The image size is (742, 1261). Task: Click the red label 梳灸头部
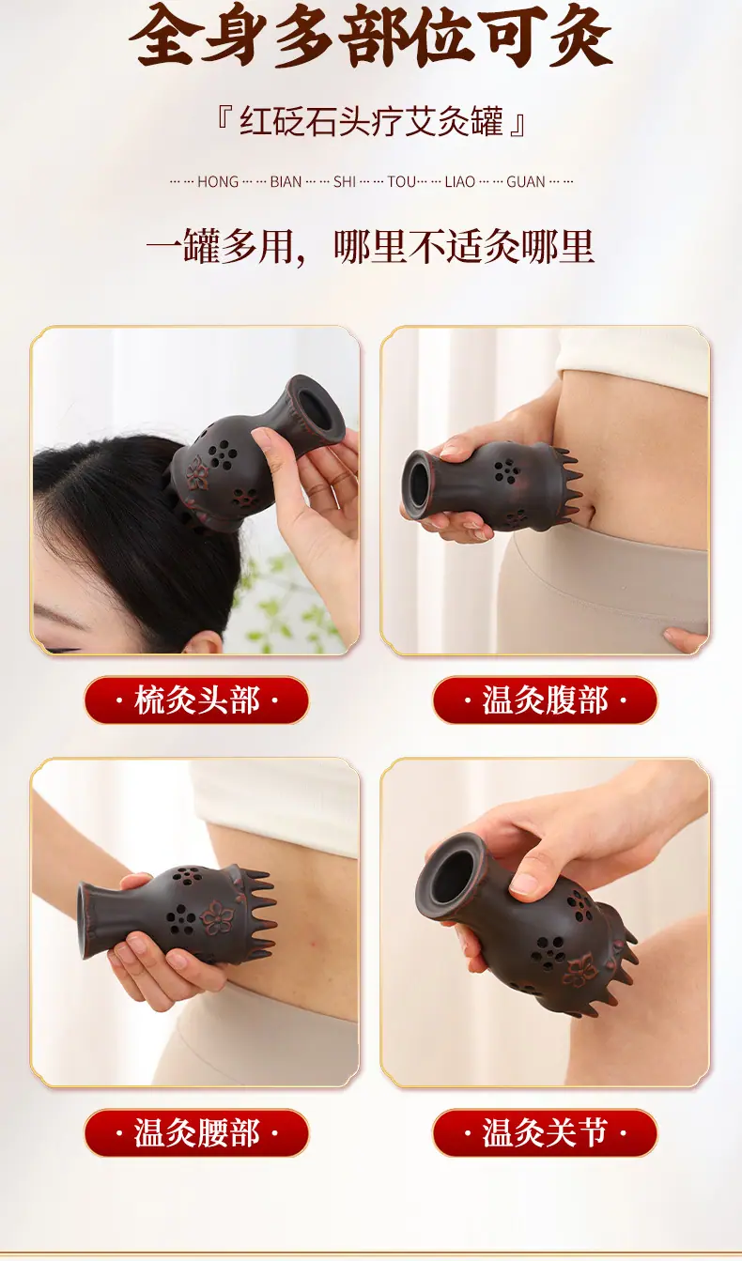pos(196,700)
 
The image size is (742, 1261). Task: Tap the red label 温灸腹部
pos(545,700)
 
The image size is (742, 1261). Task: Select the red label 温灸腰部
pos(196,1132)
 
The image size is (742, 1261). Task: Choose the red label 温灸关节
pos(545,1132)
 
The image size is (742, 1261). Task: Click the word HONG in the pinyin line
pos(218,182)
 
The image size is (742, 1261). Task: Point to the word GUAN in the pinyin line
pos(526,182)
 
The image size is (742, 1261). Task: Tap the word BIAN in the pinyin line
pos(286,182)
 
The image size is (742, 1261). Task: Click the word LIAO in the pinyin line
pos(460,182)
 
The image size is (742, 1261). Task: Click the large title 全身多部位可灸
pos(370,35)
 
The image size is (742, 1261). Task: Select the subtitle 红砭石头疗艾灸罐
pos(371,120)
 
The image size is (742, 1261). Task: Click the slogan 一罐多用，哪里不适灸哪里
pos(370,246)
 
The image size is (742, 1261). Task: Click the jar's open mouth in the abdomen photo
pos(418,484)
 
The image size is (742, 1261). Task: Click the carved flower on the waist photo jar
pos(217,915)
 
